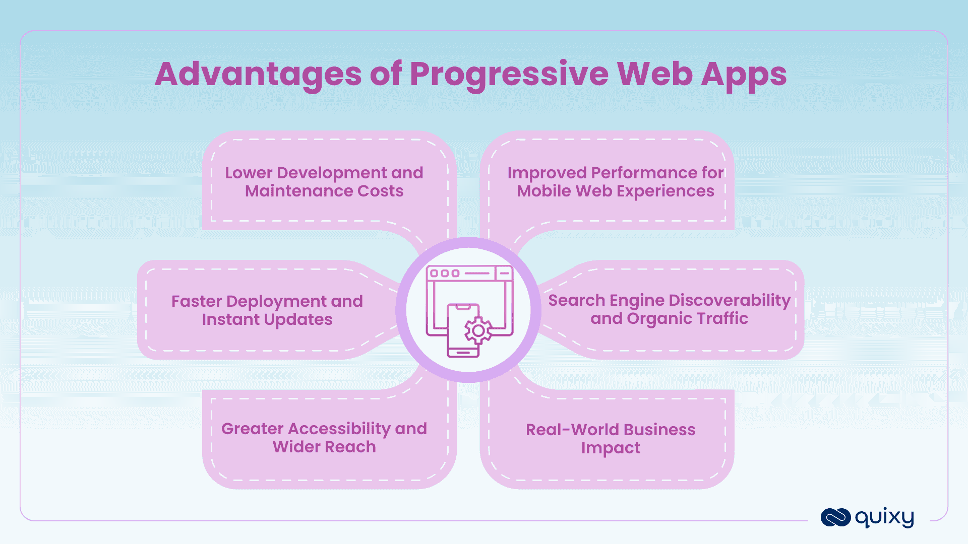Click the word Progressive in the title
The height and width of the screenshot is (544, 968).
tap(509, 75)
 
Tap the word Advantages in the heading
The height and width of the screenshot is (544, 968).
tap(258, 75)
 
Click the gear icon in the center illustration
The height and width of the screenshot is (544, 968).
tap(478, 331)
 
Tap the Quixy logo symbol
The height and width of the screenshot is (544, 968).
tap(835, 517)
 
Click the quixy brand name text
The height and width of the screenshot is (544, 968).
tap(884, 517)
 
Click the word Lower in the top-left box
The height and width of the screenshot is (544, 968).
tap(249, 173)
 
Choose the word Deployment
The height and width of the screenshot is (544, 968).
tap(276, 301)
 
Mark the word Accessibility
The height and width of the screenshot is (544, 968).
tap(340, 429)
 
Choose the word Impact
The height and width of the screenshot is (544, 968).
tap(611, 448)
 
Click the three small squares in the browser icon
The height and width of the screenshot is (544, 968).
tap(444, 274)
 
